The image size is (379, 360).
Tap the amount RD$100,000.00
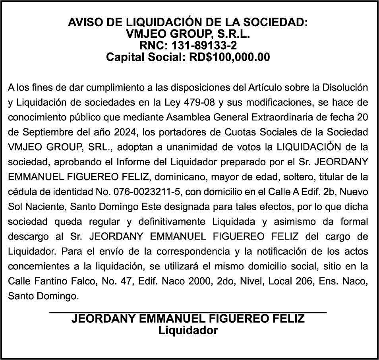pos(229,57)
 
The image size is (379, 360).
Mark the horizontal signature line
pos(188,313)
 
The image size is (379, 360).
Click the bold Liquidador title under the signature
pos(188,330)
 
